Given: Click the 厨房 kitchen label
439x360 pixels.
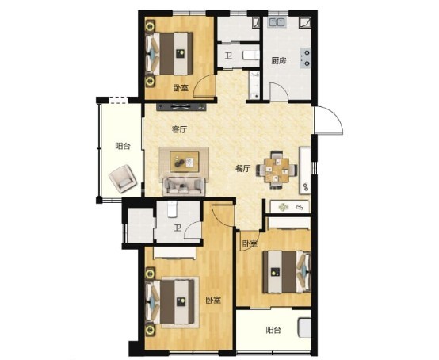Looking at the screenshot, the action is [x=279, y=61].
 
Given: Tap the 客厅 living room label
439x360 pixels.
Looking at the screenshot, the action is [x=179, y=130].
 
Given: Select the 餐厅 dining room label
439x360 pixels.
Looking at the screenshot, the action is [x=242, y=169].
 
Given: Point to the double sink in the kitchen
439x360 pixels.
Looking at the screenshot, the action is [x=277, y=22].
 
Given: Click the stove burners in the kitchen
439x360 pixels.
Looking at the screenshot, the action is [x=305, y=58].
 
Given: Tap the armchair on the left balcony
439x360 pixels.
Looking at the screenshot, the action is [x=123, y=178].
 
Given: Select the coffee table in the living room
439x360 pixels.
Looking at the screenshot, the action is [x=185, y=162].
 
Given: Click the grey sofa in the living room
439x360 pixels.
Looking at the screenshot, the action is [x=184, y=186].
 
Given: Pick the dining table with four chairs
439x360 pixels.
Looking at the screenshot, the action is [x=277, y=170].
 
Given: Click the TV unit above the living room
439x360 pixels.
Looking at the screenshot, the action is [x=181, y=107].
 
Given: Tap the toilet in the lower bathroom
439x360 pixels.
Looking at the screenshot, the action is [x=172, y=209].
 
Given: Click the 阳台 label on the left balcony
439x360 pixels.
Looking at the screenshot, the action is [x=123, y=146].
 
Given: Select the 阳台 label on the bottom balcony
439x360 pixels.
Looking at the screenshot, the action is [x=273, y=331].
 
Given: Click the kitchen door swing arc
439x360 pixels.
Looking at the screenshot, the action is [x=281, y=87].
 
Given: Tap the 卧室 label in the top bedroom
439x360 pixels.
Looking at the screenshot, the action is [x=181, y=89].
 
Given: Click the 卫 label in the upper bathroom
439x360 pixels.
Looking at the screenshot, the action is [x=229, y=56].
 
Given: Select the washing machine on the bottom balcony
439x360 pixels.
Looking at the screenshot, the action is [x=304, y=327].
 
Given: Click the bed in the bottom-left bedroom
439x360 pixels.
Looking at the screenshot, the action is [x=170, y=302].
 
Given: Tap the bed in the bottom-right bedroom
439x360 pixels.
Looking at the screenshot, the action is [x=287, y=272].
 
